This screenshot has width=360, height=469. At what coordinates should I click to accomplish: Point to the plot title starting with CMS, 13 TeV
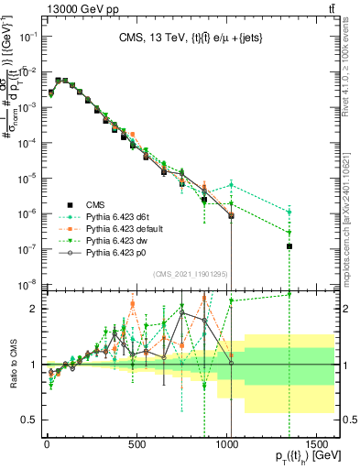coord(183,38)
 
